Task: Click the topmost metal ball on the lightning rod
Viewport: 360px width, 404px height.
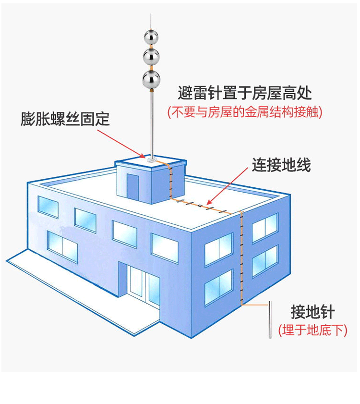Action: click(151, 37)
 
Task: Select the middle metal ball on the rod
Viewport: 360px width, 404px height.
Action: click(151, 57)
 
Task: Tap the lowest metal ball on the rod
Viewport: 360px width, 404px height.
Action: click(151, 79)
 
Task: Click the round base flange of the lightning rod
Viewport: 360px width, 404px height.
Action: click(152, 160)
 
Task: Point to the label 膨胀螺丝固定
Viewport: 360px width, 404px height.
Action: click(65, 119)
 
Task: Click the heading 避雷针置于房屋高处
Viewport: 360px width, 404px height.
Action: click(245, 93)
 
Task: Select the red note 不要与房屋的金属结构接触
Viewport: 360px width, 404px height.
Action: click(245, 112)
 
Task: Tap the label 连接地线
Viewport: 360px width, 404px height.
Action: click(281, 165)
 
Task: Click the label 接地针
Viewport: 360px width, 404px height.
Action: click(312, 312)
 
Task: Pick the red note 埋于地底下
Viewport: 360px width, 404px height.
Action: click(312, 330)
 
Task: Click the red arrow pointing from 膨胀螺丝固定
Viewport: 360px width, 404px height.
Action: click(121, 144)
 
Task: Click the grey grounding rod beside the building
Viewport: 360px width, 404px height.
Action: click(270, 320)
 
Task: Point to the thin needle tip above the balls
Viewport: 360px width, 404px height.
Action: click(151, 22)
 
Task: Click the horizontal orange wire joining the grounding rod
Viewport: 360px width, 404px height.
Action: click(255, 305)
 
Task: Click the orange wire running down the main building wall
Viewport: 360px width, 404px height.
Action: click(241, 258)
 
